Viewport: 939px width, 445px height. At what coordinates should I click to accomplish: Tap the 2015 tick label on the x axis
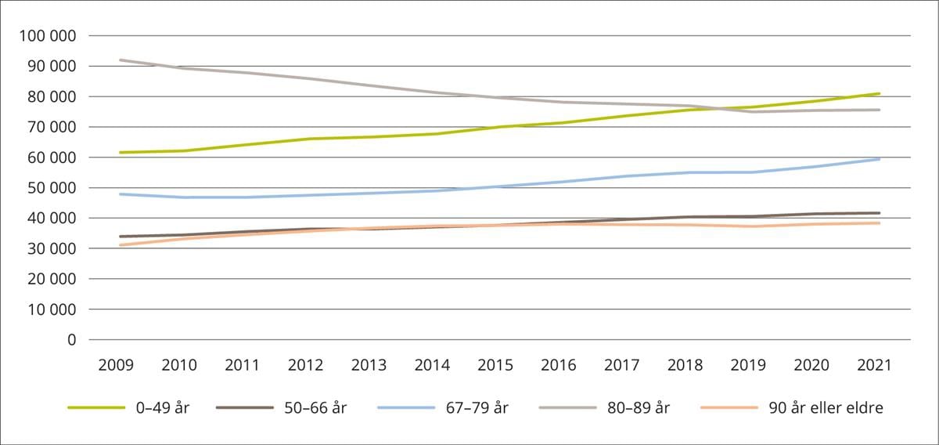496,365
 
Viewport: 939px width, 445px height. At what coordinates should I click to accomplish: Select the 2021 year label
875,365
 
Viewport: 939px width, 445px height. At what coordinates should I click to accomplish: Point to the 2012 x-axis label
307,365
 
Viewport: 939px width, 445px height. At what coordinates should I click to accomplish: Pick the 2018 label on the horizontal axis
685,365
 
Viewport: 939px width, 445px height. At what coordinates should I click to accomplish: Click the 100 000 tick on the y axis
49,36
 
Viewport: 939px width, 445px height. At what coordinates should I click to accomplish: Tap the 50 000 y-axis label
53,188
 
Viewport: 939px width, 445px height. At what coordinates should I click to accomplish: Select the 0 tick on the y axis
72,340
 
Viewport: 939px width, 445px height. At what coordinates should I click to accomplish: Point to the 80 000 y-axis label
53,97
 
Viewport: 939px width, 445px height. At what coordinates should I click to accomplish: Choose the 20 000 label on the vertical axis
53,279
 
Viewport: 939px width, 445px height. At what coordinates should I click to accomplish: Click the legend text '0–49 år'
163,407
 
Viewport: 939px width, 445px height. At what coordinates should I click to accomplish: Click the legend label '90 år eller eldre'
826,407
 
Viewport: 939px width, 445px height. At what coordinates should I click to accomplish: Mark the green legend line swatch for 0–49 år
96,407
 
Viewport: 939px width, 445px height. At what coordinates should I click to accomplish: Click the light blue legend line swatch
405,407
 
